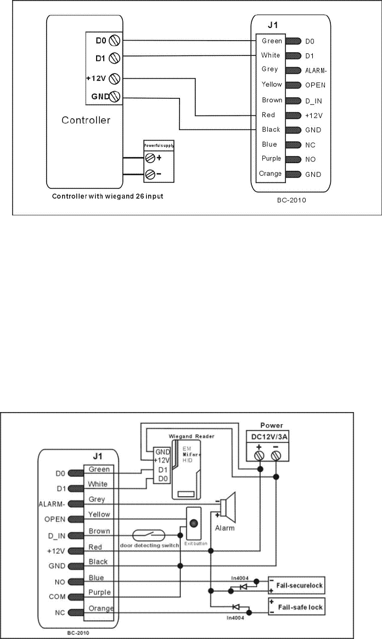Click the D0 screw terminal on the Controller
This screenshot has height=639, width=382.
coord(115,40)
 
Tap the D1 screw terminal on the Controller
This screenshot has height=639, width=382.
coord(115,57)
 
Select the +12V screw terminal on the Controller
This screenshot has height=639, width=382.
coord(115,78)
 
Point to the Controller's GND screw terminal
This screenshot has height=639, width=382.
coord(115,97)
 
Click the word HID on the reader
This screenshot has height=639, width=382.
coord(189,463)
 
